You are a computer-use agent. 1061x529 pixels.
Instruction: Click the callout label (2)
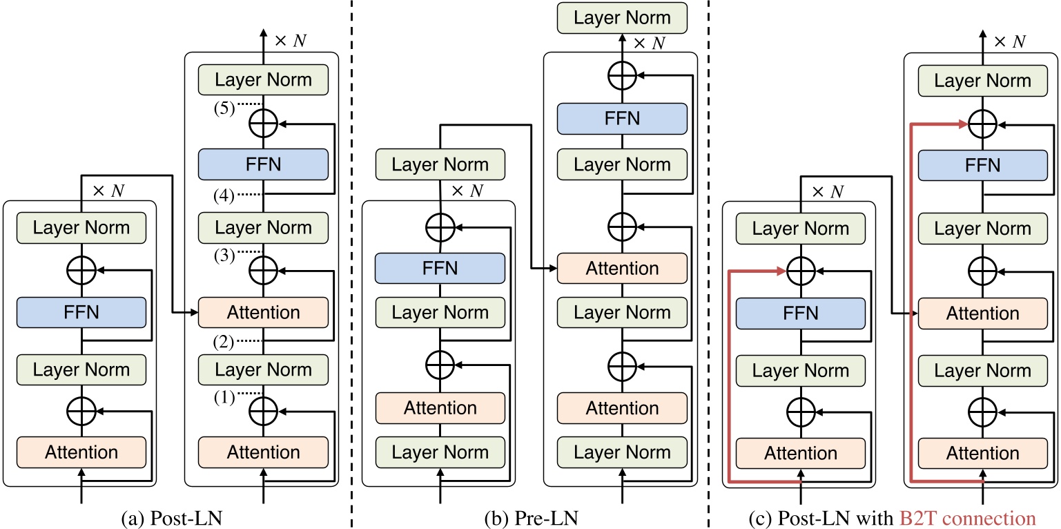click(224, 340)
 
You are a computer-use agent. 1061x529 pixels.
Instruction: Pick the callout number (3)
click(224, 255)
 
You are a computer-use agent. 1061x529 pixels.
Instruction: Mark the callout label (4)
click(224, 195)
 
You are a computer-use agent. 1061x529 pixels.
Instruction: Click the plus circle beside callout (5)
click(262, 123)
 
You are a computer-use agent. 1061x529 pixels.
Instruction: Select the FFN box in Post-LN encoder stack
click(81, 312)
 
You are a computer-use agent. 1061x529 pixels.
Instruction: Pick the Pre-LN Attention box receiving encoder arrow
click(623, 267)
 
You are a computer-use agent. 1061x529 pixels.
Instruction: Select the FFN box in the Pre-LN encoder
click(440, 267)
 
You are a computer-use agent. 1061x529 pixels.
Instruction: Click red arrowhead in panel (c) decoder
click(964, 124)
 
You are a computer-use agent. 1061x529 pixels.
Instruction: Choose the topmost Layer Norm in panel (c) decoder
click(982, 80)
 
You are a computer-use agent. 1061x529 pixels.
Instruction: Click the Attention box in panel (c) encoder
click(801, 453)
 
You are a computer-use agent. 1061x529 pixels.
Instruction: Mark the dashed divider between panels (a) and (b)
click(353, 262)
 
